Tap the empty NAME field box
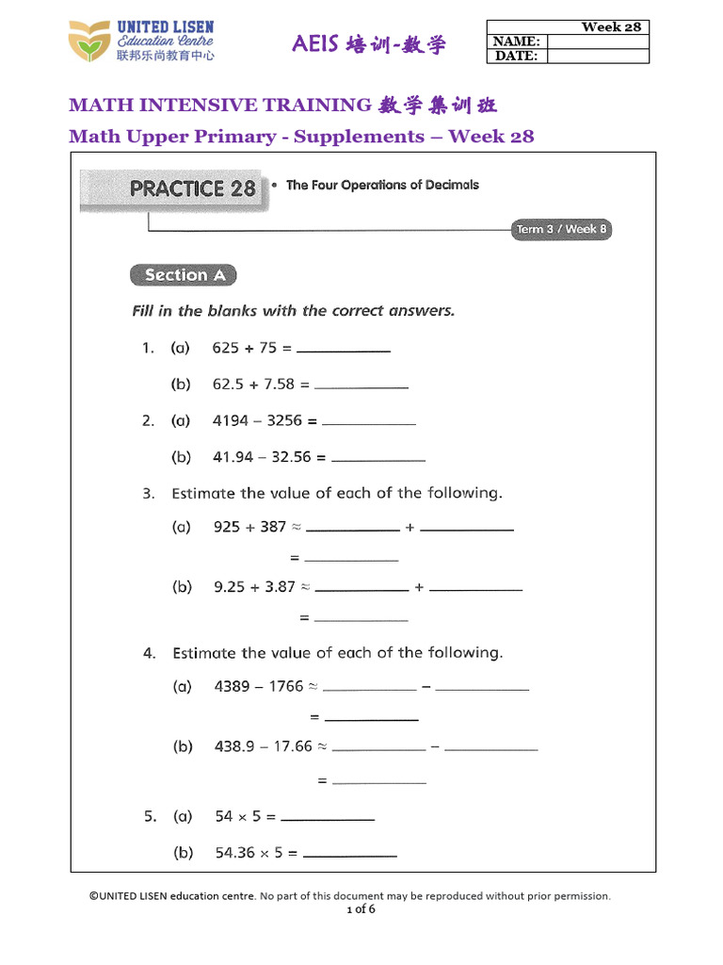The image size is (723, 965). (x=598, y=41)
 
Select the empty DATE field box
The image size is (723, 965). (x=598, y=57)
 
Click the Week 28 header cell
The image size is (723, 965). (x=610, y=26)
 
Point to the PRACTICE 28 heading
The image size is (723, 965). (x=192, y=188)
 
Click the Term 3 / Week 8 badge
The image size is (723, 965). (x=561, y=229)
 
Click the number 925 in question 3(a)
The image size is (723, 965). (x=227, y=527)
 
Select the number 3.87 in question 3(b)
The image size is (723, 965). (x=280, y=586)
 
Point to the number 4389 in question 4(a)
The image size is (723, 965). (x=232, y=686)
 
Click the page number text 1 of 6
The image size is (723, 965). (x=361, y=909)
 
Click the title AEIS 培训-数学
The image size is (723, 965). (x=369, y=44)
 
